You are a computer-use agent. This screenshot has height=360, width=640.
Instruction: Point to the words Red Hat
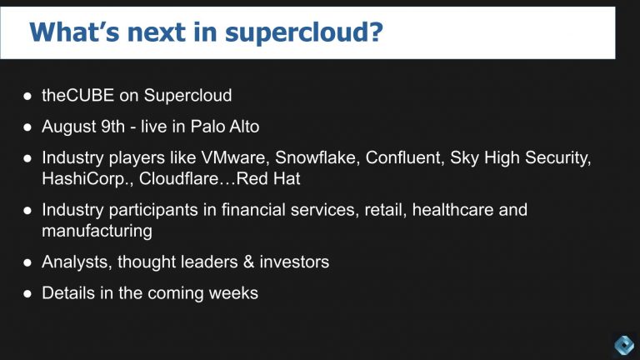(x=268, y=178)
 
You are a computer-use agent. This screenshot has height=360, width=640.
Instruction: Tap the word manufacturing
(x=97, y=230)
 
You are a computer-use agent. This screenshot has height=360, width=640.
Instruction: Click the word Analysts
(x=76, y=262)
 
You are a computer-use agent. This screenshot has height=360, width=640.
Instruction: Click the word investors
(x=292, y=262)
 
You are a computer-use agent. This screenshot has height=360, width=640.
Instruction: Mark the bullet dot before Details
(x=27, y=294)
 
